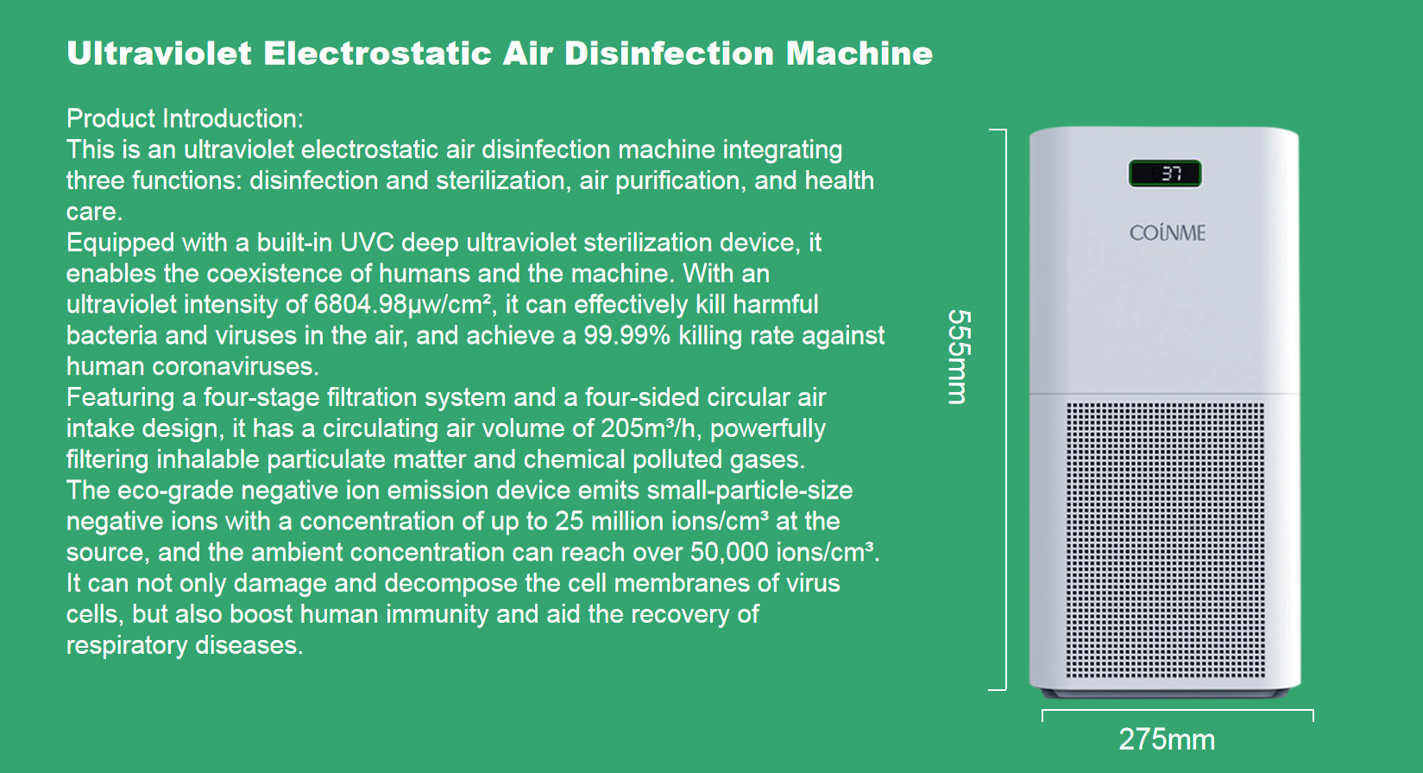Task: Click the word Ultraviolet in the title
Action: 160,53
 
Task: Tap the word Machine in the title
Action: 859,53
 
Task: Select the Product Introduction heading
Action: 185,118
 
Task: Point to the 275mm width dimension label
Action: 1167,739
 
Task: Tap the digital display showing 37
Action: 1165,174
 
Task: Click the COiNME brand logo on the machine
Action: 1167,232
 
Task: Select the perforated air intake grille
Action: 1165,539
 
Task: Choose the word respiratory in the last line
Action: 127,646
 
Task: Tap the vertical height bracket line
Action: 1005,409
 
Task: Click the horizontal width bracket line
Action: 1178,711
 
